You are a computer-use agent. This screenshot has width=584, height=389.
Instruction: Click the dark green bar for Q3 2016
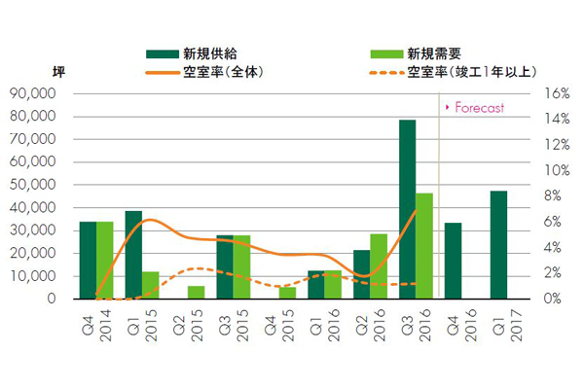pyautogui.click(x=407, y=209)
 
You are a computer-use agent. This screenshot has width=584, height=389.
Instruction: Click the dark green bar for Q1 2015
pyautogui.click(x=133, y=255)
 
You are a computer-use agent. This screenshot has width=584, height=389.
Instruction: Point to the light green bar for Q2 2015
pyautogui.click(x=196, y=293)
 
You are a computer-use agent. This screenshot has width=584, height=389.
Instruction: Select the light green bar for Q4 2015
pyautogui.click(x=287, y=293)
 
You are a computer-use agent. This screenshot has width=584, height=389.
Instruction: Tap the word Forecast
pyautogui.click(x=478, y=107)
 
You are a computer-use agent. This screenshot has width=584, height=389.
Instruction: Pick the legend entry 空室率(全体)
pyautogui.click(x=224, y=71)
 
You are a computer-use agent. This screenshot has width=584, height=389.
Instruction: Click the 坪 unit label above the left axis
pyautogui.click(x=57, y=71)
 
